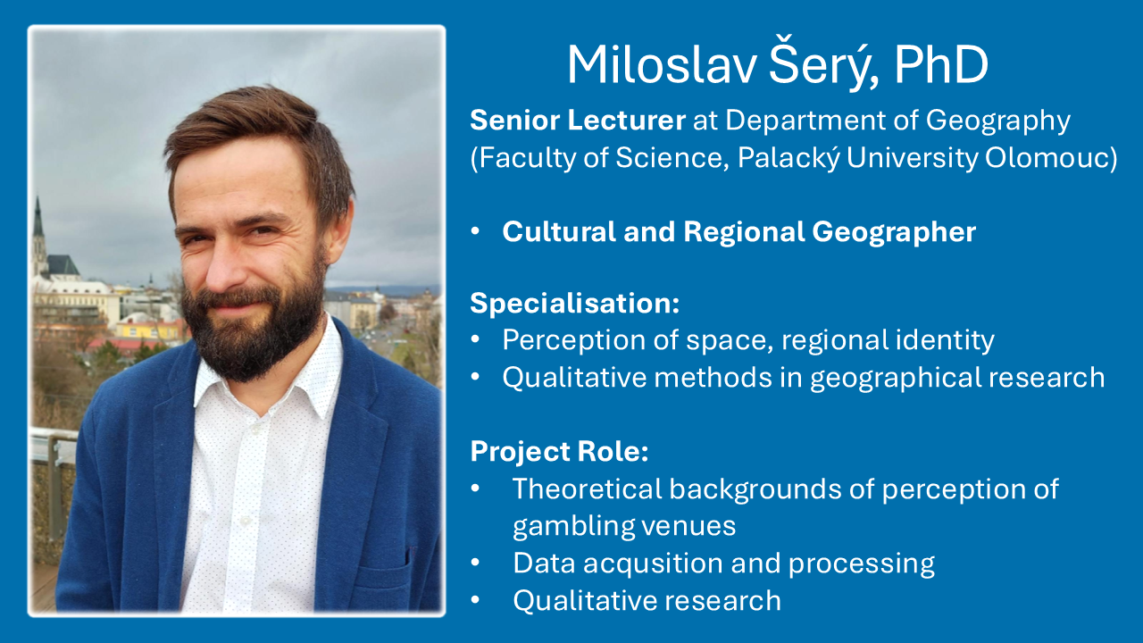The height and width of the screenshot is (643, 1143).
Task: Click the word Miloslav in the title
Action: coord(662,65)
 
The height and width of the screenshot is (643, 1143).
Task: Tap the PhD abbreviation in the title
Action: coord(941,65)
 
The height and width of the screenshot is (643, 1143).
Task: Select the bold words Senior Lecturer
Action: coord(578,121)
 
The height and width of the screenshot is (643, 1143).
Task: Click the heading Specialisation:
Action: coord(574,304)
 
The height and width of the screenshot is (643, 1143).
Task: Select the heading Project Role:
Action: coord(559,452)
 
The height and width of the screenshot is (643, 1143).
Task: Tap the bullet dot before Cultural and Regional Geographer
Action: coord(476,232)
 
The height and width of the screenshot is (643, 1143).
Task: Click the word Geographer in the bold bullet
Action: coord(894,233)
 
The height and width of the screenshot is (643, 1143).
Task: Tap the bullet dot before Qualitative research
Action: coord(476,600)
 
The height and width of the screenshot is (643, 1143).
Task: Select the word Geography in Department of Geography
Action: coord(997,121)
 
